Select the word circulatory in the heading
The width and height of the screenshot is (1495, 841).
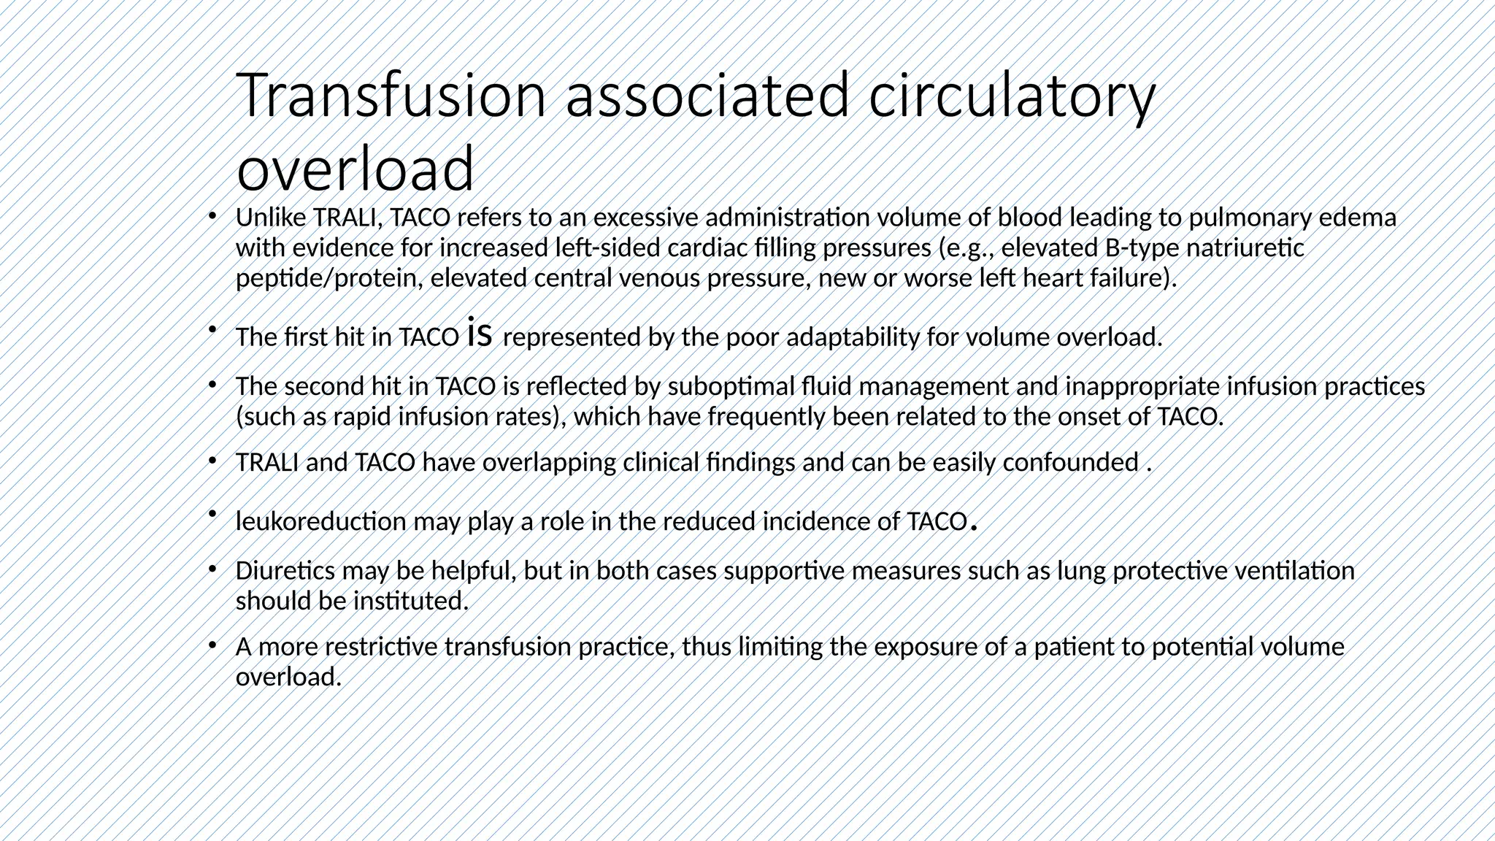(1012, 96)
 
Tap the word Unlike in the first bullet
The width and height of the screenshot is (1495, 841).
(270, 218)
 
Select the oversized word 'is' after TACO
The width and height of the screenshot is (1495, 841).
(479, 333)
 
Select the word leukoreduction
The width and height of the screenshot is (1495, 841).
(320, 522)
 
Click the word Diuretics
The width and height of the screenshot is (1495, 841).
(285, 571)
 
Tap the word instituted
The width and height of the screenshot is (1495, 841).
(410, 602)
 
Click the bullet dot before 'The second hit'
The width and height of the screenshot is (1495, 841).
(212, 383)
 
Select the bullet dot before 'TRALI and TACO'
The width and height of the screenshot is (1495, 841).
(212, 460)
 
